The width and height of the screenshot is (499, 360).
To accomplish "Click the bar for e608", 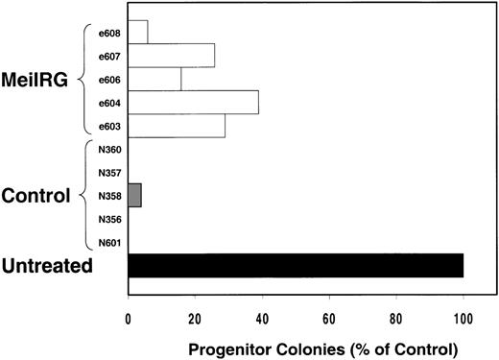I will pos(137,32).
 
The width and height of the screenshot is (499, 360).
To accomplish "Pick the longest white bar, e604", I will pos(192,102).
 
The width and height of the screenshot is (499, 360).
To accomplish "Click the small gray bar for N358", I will pos(134,196).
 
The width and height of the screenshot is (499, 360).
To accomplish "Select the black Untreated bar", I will pos(296,265).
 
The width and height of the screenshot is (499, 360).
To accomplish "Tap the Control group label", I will pos(37,196).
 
